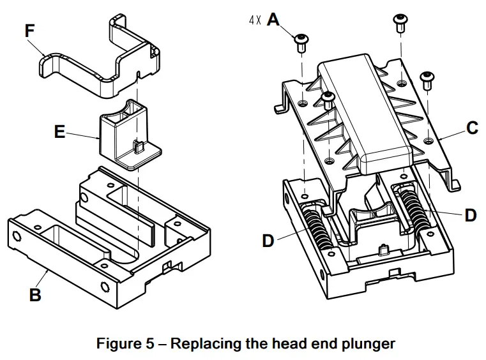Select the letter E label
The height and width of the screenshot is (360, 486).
click(x=60, y=133)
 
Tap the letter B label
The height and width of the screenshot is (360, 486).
click(x=36, y=294)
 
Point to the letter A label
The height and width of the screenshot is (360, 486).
click(x=273, y=20)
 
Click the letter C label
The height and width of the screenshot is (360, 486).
click(x=472, y=128)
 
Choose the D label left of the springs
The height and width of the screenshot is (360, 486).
click(x=269, y=241)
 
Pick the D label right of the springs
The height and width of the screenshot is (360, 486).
click(x=470, y=215)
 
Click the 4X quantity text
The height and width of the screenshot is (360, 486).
click(x=255, y=20)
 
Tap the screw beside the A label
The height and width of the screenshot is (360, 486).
click(x=301, y=43)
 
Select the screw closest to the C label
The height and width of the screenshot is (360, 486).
click(x=427, y=80)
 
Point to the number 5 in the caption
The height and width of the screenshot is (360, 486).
click(x=144, y=343)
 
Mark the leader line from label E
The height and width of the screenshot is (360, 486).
click(x=83, y=135)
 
